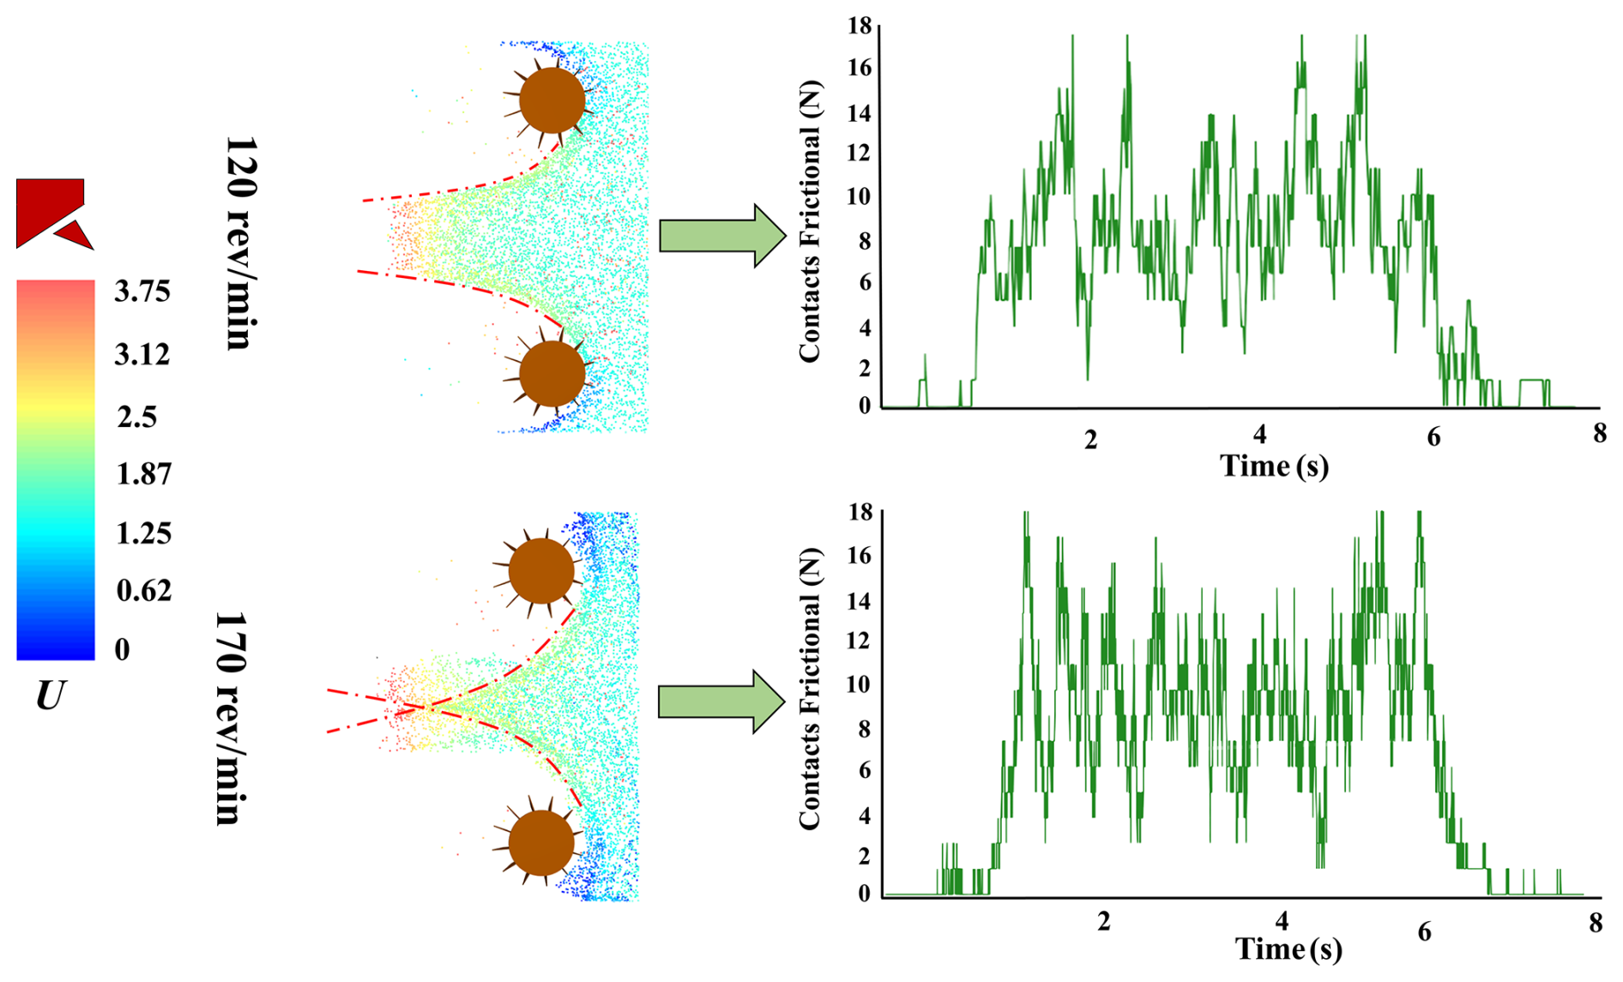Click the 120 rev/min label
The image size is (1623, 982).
coord(240,242)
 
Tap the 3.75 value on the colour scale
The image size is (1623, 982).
coord(142,292)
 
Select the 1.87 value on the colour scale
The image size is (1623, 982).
coord(143,474)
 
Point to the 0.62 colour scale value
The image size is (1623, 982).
coord(143,591)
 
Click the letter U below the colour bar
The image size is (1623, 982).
coord(50,696)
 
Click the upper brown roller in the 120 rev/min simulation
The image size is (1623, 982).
coord(552,100)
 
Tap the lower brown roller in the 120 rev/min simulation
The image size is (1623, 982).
coord(552,374)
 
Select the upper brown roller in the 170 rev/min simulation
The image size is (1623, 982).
coord(541,570)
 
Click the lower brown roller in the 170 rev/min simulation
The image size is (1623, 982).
coord(541,844)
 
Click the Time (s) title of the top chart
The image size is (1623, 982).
coord(1274,466)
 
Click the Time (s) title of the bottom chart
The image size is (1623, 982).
coord(1288,949)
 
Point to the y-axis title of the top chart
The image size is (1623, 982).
coord(810,221)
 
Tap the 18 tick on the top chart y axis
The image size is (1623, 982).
coord(860,27)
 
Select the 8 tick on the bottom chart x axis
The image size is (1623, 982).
coord(1596,923)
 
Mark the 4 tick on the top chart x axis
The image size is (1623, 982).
coord(1259,435)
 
